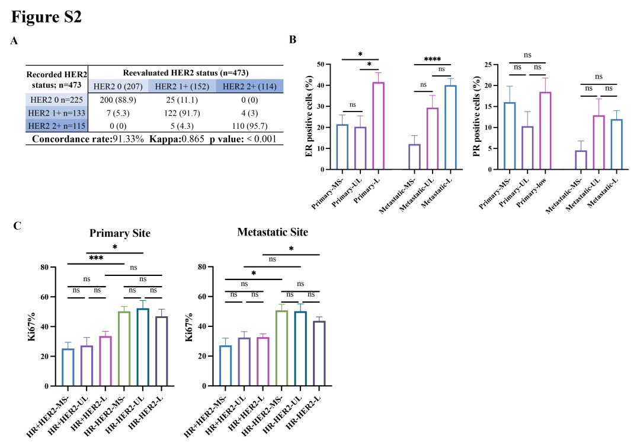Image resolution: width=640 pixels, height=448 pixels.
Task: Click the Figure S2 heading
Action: pos(46,17)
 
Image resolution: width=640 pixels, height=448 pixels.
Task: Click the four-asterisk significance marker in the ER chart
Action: pos(432,59)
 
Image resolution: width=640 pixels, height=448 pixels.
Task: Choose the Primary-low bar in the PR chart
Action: pos(545,131)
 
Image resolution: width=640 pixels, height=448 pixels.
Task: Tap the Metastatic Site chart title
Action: pos(273,231)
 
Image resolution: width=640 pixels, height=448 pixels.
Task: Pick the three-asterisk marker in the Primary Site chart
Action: pos(96,258)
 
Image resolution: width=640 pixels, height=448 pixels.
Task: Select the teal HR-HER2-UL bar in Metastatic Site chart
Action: pos(300,348)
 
